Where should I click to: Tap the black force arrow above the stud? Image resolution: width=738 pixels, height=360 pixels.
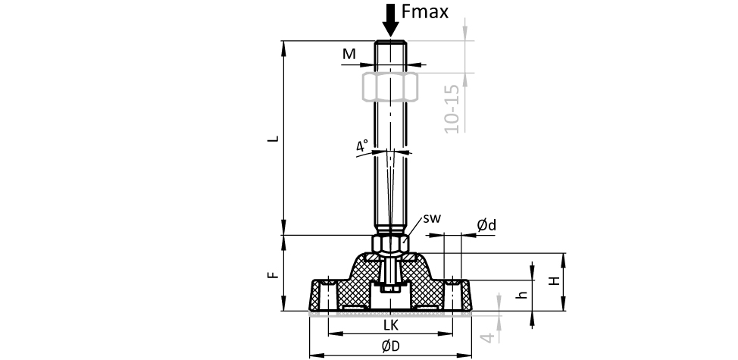[x=391, y=20]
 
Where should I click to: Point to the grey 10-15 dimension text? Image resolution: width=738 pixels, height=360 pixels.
[x=452, y=109]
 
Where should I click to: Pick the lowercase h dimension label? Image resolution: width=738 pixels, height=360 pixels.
[x=521, y=295]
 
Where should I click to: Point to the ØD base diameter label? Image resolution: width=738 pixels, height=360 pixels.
[x=390, y=346]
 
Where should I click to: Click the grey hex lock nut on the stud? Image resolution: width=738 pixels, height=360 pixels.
[x=390, y=86]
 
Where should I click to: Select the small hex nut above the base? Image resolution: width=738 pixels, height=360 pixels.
[x=390, y=244]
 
